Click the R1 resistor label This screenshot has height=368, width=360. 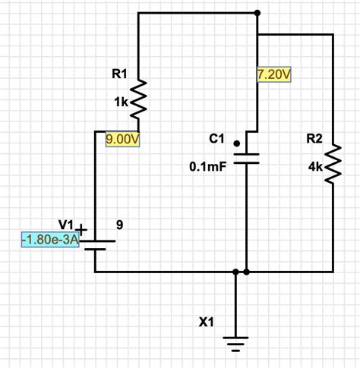pos(119,74)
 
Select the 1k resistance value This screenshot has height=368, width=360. pos(121,102)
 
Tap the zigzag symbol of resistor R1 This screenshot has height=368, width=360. pos(138,99)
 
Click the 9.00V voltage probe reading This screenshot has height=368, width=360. pos(122,139)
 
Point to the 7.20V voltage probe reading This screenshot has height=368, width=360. pos(274,74)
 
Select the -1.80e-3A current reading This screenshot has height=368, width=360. pos(50,240)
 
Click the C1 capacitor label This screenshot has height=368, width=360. pos(216,139)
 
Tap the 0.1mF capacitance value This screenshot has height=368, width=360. pos(207,167)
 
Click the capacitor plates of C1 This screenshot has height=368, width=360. pos(246,159)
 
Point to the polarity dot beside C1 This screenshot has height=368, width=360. pos(237,143)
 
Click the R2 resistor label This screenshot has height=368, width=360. pos(314,139)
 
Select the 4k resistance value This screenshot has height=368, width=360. pos(315,167)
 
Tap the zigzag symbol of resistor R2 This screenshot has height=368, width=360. pos(333,164)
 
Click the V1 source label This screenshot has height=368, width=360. pos(65,225)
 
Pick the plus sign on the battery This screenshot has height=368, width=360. pos(81,230)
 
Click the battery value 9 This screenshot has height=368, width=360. pos(120,225)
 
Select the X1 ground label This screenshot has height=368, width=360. pos(206,322)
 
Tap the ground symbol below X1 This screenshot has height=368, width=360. pos(235,344)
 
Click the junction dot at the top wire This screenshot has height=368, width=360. pos(257,13)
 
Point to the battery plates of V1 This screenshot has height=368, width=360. pos(97,245)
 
